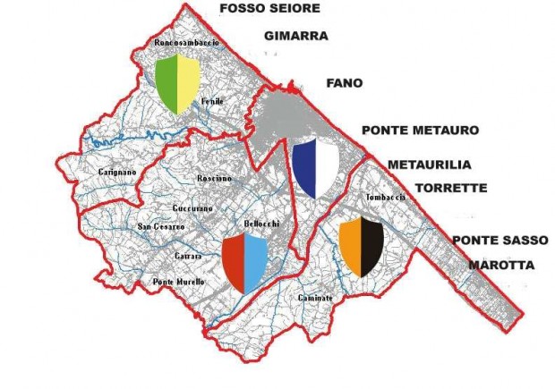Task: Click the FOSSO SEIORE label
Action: point(269,9)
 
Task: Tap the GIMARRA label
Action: point(297,37)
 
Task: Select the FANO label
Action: point(345,83)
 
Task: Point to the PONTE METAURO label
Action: point(420,131)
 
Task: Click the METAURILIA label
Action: point(430,165)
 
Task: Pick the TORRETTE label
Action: point(451,189)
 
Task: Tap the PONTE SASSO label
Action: point(492,241)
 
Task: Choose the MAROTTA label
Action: point(500,266)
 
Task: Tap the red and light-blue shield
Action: point(245,263)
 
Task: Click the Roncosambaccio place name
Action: point(188,42)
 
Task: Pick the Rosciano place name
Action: point(214,179)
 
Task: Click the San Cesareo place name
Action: point(159,227)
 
